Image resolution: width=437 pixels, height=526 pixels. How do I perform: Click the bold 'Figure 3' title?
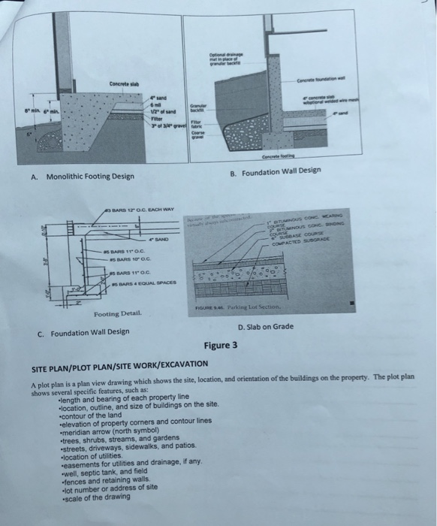(220, 346)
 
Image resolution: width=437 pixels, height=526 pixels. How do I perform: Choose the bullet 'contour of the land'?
(97, 415)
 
